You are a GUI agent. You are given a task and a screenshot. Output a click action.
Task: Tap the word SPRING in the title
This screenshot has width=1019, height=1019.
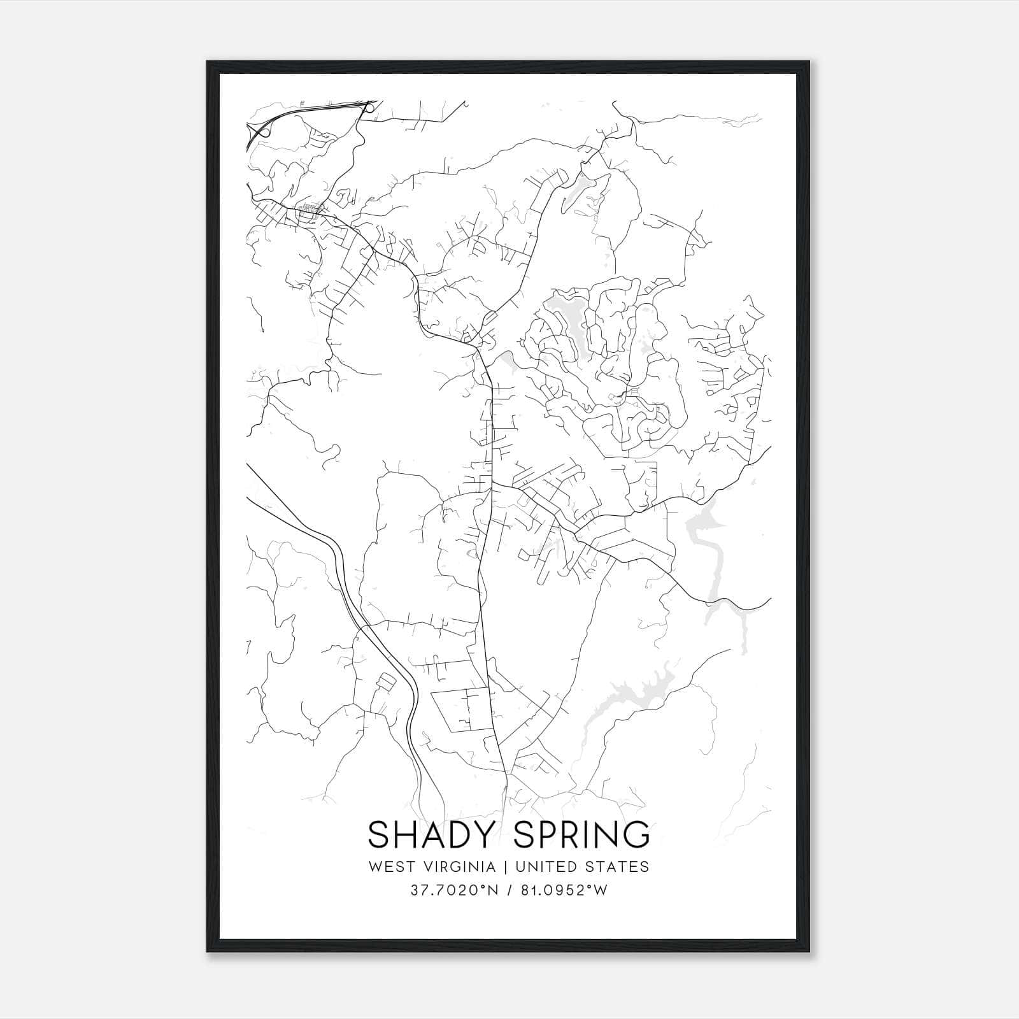coord(581,835)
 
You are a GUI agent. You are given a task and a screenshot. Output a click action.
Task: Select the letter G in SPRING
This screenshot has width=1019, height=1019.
coord(635,835)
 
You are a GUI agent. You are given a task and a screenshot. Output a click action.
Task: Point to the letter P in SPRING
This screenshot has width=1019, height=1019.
coord(551,835)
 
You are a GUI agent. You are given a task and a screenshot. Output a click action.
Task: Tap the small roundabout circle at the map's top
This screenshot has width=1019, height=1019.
coord(369,109)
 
